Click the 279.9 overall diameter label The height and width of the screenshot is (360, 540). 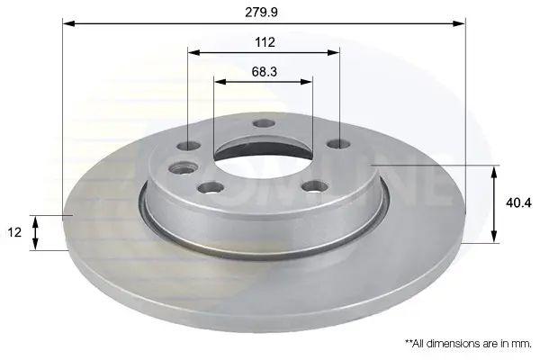tap(261, 13)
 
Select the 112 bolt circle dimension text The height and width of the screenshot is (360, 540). tap(265, 42)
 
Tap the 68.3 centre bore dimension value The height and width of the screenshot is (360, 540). tap(264, 72)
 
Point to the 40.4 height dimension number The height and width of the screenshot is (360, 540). tap(518, 203)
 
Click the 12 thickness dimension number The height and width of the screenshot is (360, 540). tap(14, 232)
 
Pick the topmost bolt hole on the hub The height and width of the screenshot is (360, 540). tap(264, 123)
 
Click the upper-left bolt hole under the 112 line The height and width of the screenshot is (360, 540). tap(189, 146)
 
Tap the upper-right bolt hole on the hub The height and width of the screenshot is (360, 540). tap(339, 144)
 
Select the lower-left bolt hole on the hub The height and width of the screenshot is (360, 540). tap(211, 188)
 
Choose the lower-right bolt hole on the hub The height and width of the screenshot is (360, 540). tap(315, 186)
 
